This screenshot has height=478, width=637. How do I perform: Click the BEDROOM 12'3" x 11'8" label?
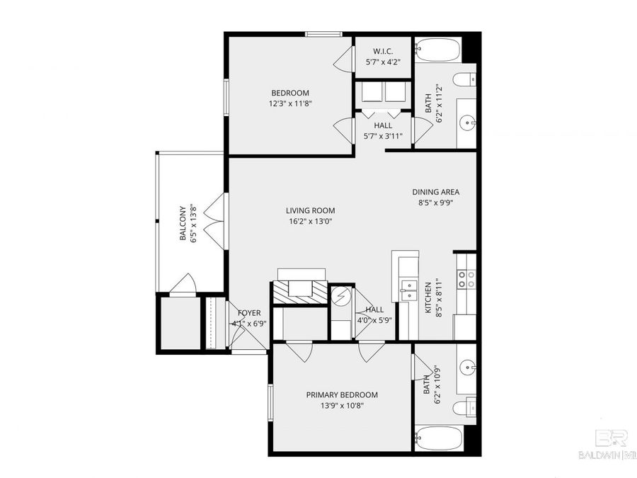click(290, 98)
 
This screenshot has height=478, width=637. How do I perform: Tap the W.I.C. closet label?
click(383, 57)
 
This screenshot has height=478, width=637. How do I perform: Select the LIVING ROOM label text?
click(310, 215)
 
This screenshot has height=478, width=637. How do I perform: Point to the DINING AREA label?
click(436, 196)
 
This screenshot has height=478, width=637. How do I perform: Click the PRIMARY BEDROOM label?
click(342, 400)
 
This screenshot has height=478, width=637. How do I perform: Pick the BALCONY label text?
click(187, 223)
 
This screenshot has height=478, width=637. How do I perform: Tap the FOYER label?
click(248, 318)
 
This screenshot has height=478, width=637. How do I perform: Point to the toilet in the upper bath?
click(464, 79)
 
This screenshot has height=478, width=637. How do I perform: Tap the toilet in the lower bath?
click(464, 408)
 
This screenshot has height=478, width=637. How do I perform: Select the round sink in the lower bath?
click(467, 368)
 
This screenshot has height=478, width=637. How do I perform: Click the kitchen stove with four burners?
click(466, 280)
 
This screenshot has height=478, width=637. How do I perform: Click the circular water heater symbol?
click(340, 295)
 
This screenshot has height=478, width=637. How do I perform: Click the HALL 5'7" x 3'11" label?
click(383, 130)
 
